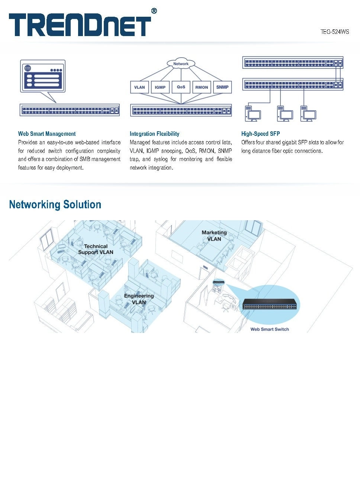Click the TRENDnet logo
(x=80, y=25)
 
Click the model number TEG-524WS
(x=335, y=32)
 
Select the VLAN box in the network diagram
(x=139, y=87)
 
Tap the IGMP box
(x=160, y=87)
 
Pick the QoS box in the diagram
(x=181, y=87)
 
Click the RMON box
(x=202, y=87)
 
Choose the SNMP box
(x=222, y=87)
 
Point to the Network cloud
(x=181, y=64)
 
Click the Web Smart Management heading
(x=47, y=134)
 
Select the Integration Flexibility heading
(x=154, y=134)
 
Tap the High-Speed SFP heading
(x=260, y=134)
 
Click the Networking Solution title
(x=55, y=205)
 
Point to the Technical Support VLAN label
(x=96, y=249)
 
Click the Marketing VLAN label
(x=214, y=236)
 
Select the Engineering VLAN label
(x=139, y=299)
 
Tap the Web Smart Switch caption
(x=270, y=329)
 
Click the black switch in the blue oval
(x=270, y=305)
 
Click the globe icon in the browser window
(x=28, y=68)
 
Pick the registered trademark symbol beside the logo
(x=154, y=11)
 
